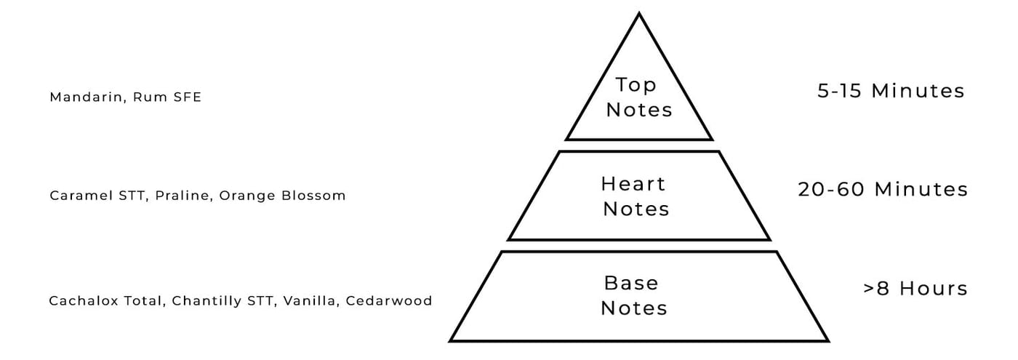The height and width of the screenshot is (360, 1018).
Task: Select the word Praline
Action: pos(185,196)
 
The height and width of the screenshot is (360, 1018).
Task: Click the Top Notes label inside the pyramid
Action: pos(638,97)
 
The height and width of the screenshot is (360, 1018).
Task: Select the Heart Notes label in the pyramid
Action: pos(635,196)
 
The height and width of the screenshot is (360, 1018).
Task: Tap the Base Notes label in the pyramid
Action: pos(634,295)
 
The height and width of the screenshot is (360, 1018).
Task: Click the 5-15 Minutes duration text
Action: pos(891,91)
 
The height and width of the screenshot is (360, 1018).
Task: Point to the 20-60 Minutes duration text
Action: pos(883,189)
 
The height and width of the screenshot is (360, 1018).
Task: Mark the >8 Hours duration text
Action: pos(915,288)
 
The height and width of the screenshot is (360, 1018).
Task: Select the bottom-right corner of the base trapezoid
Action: pos(827,340)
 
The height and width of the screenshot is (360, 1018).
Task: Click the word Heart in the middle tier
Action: pos(633,183)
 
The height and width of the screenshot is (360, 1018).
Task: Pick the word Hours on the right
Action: pos(934,288)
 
